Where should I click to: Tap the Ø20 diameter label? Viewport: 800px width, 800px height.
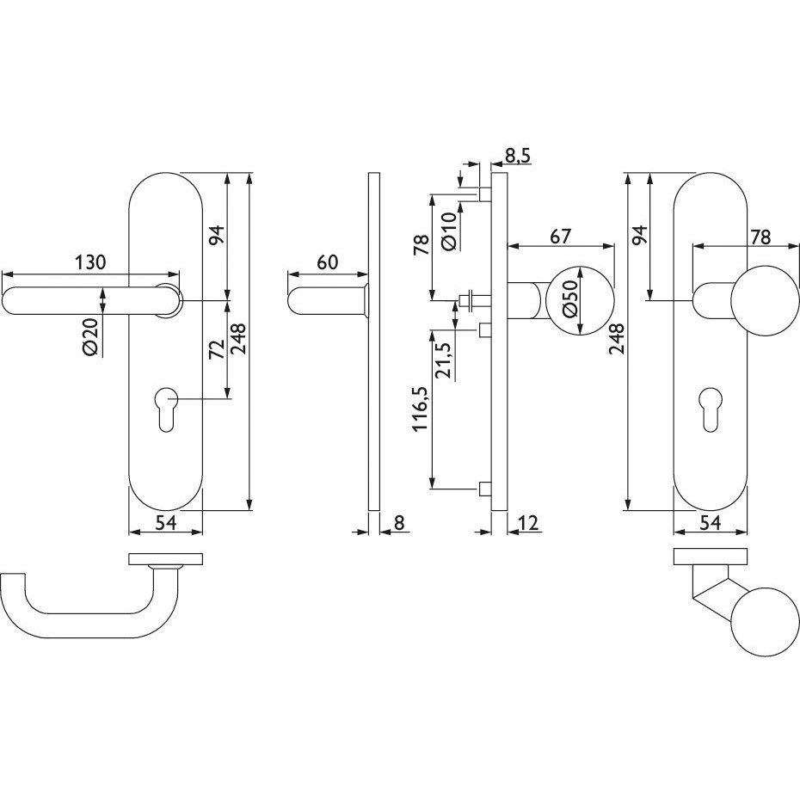(90, 336)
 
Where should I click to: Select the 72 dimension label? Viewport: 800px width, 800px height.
(218, 348)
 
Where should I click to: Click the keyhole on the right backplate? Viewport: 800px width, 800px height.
(711, 409)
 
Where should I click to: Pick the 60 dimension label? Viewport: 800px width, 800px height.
(328, 262)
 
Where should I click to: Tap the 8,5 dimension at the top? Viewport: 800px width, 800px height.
(517, 156)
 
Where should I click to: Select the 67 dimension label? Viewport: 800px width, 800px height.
(561, 237)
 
